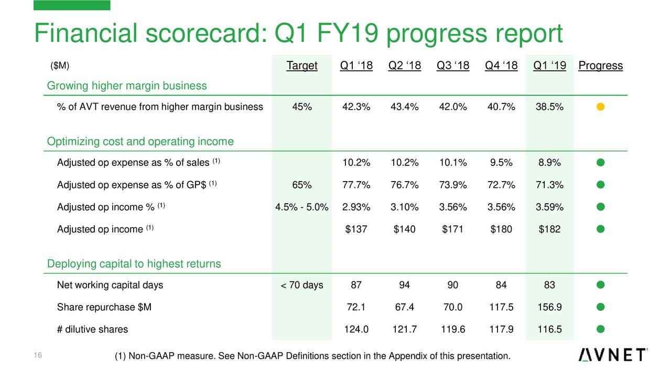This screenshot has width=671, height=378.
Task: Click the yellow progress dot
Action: (601, 107)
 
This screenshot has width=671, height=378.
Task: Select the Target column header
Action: (302, 66)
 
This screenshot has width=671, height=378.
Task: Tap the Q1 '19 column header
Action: (549, 66)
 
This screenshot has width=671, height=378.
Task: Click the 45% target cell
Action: (302, 107)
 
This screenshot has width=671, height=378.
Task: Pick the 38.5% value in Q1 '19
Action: (549, 107)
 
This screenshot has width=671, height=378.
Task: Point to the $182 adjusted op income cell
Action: (549, 229)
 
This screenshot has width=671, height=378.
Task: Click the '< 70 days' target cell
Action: (302, 285)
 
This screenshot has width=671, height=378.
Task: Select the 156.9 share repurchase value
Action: (549, 307)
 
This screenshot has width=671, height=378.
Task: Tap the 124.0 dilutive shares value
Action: (356, 330)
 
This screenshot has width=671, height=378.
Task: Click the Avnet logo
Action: (613, 355)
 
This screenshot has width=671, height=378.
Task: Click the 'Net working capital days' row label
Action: (110, 285)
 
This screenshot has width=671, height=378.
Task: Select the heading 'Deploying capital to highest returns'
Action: (134, 264)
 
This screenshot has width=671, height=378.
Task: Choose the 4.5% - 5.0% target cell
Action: (302, 207)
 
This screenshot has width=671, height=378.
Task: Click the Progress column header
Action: (600, 66)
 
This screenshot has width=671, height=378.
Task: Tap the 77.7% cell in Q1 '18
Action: (356, 185)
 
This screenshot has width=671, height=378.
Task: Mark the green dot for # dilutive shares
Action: (601, 329)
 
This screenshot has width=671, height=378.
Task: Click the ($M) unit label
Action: (60, 66)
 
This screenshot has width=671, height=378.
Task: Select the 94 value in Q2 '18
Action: (405, 285)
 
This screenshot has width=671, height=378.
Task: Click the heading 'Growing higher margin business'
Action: (127, 86)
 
